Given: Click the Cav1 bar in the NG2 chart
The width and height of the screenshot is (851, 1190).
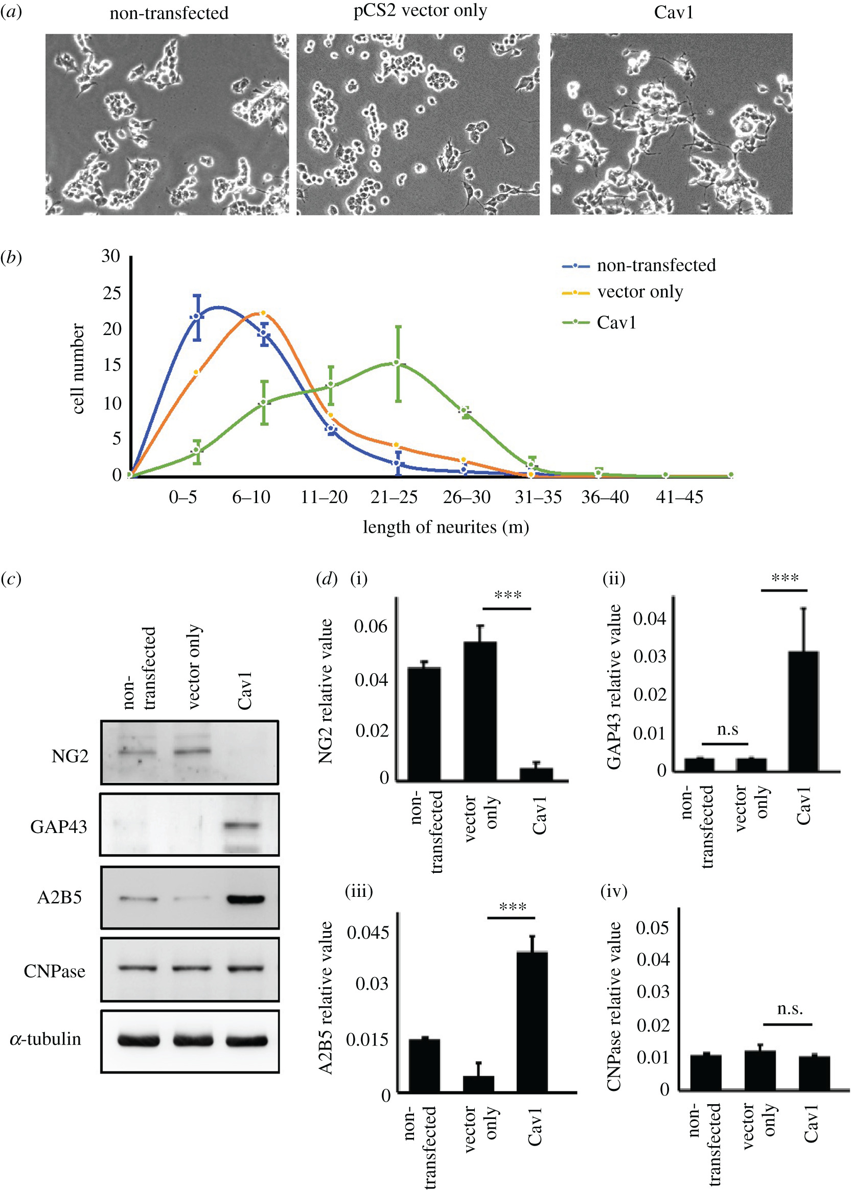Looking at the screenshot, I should pos(536,774).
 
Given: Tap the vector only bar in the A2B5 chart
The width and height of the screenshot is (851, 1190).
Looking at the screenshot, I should pos(478,1084).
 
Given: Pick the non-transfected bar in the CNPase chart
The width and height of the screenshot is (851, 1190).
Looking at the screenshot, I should pos(705,1073).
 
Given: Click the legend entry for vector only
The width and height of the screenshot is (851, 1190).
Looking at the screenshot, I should pos(639,292).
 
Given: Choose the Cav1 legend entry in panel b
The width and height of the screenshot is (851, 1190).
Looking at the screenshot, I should pos(616,322).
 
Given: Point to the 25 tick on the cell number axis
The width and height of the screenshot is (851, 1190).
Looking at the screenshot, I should pos(111,293).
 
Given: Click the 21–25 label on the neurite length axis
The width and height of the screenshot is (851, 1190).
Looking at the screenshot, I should pos(394,497).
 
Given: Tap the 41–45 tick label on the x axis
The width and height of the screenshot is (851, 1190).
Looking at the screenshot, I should pos(679,497).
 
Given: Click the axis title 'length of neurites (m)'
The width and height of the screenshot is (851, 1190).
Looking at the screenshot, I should pos(446,527).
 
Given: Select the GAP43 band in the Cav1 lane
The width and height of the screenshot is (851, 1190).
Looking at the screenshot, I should pos(242,826).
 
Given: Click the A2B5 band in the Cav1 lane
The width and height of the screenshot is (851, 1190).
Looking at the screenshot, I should pos(245,899).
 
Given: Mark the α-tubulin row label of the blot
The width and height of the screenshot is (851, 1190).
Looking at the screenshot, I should pos(45,1039).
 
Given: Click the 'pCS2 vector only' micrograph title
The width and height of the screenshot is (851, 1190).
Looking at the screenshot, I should pos(420,11).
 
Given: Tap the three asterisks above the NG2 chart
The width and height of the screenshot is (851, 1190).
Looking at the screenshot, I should pos(507,596).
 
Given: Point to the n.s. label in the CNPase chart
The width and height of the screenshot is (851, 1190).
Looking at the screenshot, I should pos(789,1009).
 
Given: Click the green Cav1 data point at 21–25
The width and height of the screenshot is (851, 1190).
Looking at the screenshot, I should pos(397,362).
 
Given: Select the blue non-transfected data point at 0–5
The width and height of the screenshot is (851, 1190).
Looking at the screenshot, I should pos(196,317).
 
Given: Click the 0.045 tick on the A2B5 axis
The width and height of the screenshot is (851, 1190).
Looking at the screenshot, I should pos(368,933).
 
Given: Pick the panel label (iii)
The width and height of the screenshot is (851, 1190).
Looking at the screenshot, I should pos(358,892).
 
